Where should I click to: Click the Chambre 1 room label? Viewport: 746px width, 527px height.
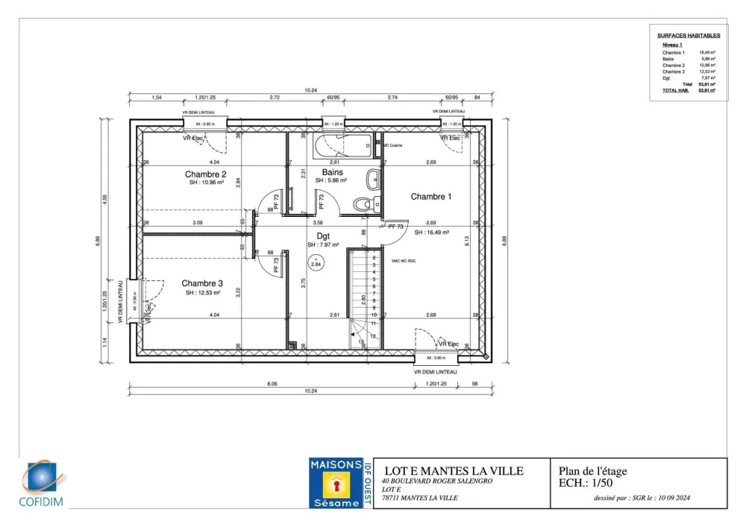pos(431,197)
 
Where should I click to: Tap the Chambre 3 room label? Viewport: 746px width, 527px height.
pos(201,283)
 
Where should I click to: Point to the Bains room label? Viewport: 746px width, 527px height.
pos(332,171)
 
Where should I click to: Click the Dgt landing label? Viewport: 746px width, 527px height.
pos(323,236)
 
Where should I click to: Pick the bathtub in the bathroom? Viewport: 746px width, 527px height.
pos(343,145)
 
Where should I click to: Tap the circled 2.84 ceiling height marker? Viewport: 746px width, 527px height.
pos(316,262)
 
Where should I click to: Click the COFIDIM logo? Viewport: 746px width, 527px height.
pos(43,485)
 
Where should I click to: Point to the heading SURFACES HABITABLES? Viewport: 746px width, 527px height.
pos(689,36)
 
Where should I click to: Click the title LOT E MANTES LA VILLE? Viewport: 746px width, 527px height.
pos(454,471)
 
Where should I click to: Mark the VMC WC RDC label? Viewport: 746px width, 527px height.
pos(403,261)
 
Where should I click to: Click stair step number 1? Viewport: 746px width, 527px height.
pos(373,250)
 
